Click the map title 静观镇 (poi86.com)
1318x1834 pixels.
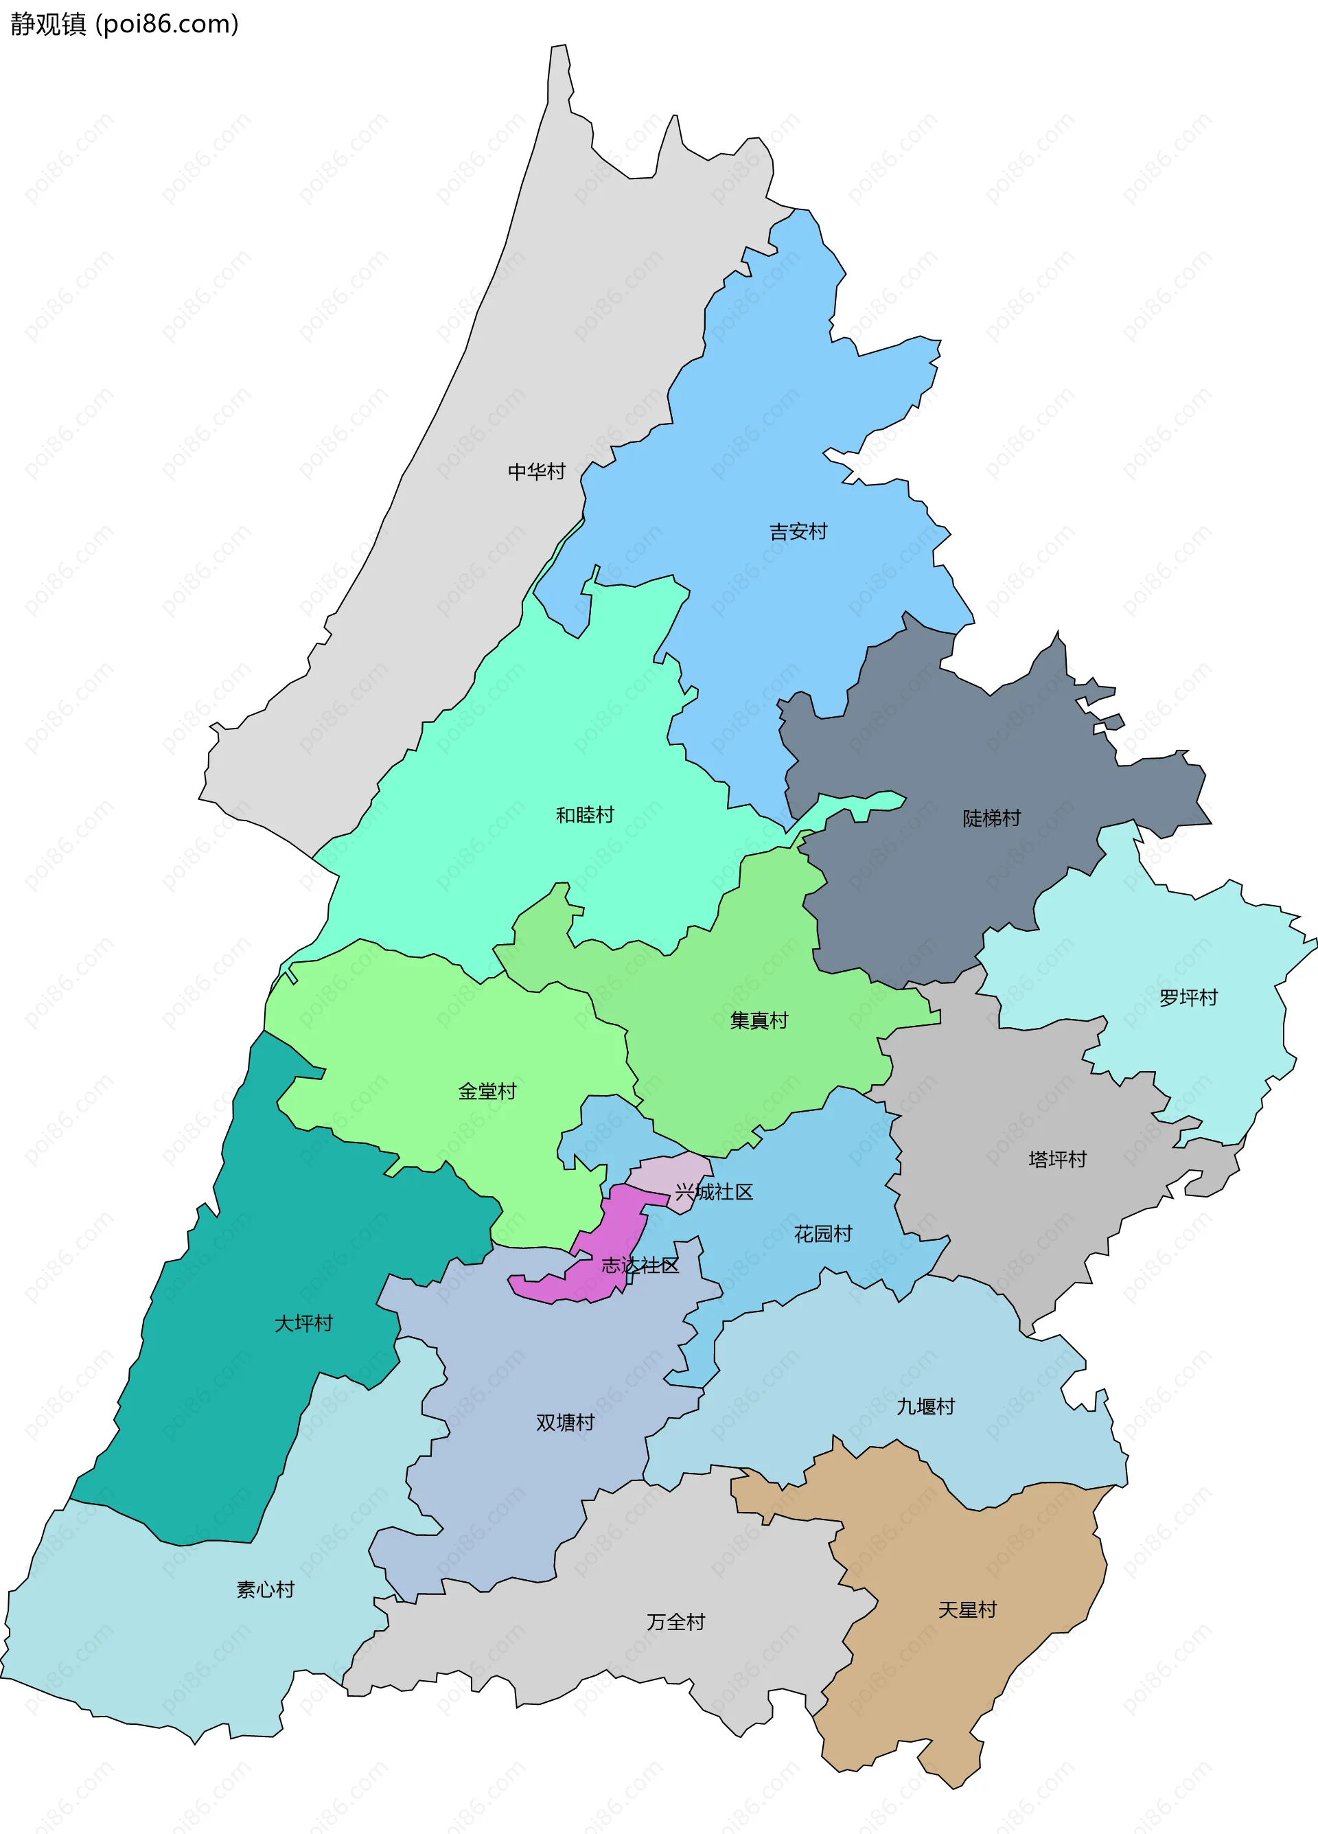(124, 24)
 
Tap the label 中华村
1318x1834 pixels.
(536, 472)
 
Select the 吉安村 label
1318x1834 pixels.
(798, 531)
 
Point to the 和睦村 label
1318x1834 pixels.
(585, 814)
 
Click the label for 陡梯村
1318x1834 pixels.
(991, 818)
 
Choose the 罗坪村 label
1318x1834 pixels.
(1188, 997)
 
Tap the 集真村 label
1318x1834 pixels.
(759, 1020)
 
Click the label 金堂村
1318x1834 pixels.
(487, 1092)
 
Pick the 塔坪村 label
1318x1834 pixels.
(1057, 1160)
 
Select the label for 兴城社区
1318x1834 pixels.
(714, 1192)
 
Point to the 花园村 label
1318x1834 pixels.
(823, 1234)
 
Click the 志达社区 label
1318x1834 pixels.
(640, 1265)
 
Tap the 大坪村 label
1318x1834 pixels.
(303, 1324)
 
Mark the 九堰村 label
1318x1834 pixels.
(925, 1407)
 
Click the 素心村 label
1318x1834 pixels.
(265, 1590)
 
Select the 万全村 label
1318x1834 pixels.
(675, 1622)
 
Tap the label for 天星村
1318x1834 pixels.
(967, 1610)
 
